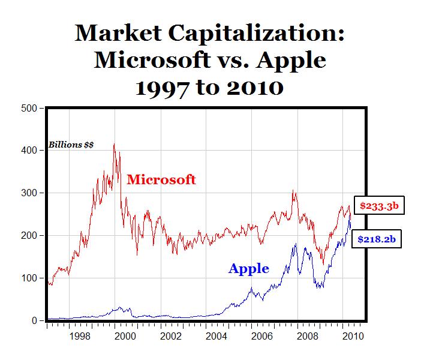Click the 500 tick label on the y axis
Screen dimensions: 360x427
pyautogui.click(x=29, y=109)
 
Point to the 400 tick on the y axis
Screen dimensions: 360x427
pyautogui.click(x=29, y=151)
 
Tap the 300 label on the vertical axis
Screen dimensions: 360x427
pyautogui.click(x=29, y=193)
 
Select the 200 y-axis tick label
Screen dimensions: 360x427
pyautogui.click(x=29, y=236)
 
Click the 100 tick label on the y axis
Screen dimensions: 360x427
pyautogui.click(x=29, y=278)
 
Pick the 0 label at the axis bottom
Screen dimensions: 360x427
pyautogui.click(x=34, y=320)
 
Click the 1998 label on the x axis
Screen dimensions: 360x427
pyautogui.click(x=80, y=336)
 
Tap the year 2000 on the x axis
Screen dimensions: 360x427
pyautogui.click(x=125, y=336)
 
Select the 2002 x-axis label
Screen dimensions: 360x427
pyautogui.click(x=170, y=336)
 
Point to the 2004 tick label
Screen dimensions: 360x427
pyautogui.click(x=215, y=336)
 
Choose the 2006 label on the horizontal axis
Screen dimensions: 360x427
pyautogui.click(x=261, y=336)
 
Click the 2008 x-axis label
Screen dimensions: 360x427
pyautogui.click(x=306, y=336)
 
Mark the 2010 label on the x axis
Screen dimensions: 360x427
pyautogui.click(x=351, y=336)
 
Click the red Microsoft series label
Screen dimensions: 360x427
pyautogui.click(x=161, y=179)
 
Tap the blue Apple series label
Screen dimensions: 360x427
pyautogui.click(x=248, y=269)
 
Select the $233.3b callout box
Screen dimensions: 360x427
pyautogui.click(x=379, y=206)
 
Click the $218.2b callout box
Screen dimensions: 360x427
pyautogui.click(x=376, y=239)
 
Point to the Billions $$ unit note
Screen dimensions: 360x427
pyautogui.click(x=71, y=145)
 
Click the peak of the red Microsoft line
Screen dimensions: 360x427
pyautogui.click(x=114, y=144)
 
